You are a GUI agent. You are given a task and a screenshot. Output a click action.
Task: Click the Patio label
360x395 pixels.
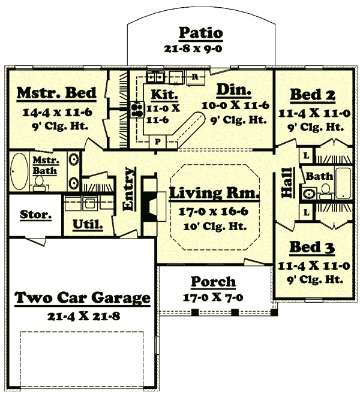tap(201, 33)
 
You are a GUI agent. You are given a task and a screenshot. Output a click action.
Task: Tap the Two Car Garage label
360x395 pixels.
tap(82, 297)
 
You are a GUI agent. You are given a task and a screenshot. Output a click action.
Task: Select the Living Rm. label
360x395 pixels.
tap(214, 194)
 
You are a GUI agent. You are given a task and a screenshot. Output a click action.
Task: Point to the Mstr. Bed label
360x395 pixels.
tap(56, 93)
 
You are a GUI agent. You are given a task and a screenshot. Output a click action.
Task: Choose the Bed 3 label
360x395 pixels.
tap(312, 247)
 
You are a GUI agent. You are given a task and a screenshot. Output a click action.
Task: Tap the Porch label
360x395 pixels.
tap(213, 282)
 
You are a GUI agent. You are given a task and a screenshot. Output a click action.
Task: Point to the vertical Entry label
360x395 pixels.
tap(128, 196)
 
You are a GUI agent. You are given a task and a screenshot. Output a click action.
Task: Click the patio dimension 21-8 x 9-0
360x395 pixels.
tap(201, 49)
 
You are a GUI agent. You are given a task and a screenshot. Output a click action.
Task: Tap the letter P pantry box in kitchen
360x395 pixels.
tap(158, 141)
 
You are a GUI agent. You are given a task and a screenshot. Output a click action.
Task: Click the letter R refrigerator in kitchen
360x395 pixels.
tap(195, 77)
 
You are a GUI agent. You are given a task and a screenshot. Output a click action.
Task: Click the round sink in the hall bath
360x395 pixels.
tap(309, 194)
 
